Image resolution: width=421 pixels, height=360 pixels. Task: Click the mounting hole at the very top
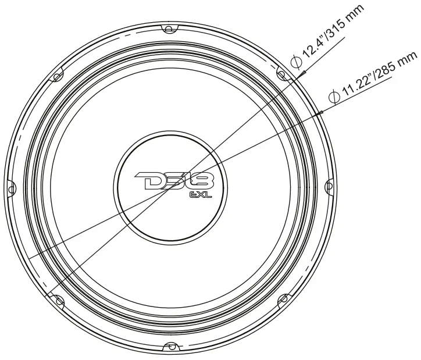click(x=169, y=28)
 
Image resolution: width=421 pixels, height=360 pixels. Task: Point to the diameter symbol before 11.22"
click(x=334, y=95)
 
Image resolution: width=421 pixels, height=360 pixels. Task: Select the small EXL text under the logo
click(x=200, y=196)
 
